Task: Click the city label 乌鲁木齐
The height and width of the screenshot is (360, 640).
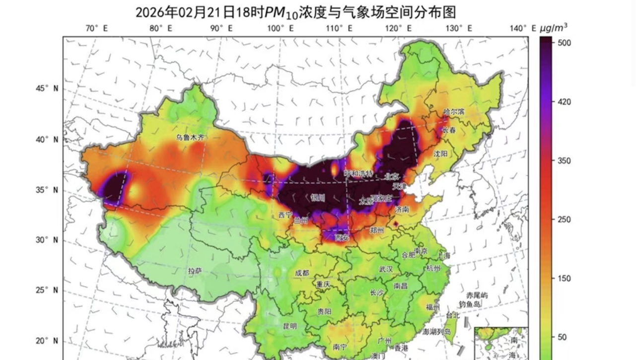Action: click(x=190, y=137)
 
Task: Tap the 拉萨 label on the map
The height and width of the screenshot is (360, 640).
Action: click(x=195, y=271)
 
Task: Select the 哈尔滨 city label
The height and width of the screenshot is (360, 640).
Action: click(x=453, y=112)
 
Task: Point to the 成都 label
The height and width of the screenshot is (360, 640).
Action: click(x=302, y=273)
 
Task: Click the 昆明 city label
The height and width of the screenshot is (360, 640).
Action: click(x=289, y=326)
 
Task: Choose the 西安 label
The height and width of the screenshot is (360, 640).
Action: click(x=342, y=238)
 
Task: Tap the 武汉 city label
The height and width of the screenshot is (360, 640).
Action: click(x=386, y=269)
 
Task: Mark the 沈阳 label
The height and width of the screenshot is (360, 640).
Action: click(x=440, y=154)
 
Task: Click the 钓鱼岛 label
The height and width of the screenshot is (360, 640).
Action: click(x=470, y=304)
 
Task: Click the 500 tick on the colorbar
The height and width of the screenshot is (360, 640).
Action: click(x=565, y=43)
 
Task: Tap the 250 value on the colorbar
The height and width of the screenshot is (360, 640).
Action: click(x=565, y=219)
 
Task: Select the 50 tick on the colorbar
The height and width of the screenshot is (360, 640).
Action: click(x=562, y=337)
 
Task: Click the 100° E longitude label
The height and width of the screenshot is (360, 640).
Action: click(x=280, y=28)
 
